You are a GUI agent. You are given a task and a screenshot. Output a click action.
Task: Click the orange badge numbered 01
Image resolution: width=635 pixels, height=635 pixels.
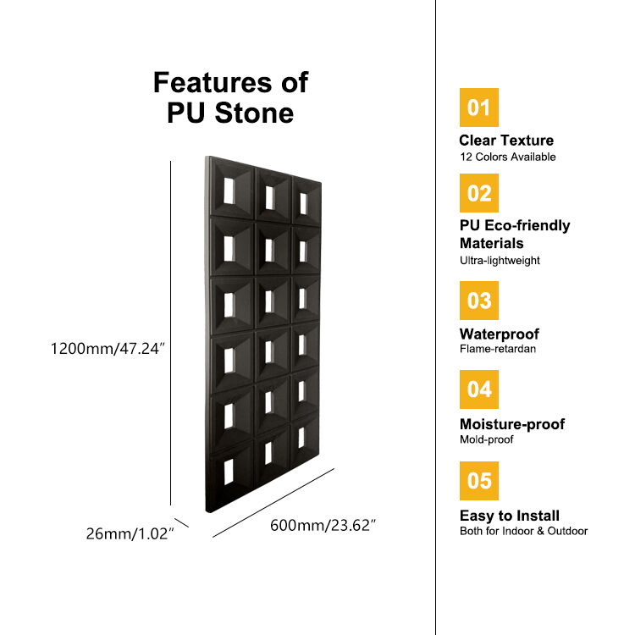pyautogui.click(x=478, y=108)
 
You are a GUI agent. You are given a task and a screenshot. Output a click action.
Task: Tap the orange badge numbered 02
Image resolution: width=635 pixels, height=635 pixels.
pyautogui.click(x=478, y=193)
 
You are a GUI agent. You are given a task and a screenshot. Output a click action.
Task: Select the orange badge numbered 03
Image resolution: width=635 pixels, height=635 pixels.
pyautogui.click(x=478, y=301)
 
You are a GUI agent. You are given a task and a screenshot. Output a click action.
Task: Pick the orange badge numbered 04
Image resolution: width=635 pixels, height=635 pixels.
pyautogui.click(x=478, y=389)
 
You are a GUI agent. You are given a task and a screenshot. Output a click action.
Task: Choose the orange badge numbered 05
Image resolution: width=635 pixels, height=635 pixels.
pyautogui.click(x=478, y=481)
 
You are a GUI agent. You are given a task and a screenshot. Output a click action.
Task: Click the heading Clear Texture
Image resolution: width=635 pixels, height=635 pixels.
pyautogui.click(x=506, y=141)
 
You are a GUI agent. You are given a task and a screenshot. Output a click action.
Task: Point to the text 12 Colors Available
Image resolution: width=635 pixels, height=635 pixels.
pyautogui.click(x=507, y=157)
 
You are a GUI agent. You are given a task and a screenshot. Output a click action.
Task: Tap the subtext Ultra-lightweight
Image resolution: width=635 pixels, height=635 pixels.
pyautogui.click(x=500, y=261)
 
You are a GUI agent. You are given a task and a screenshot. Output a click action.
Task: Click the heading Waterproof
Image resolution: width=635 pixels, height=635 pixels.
pyautogui.click(x=499, y=334)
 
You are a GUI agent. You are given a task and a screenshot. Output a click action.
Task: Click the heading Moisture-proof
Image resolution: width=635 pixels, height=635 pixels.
pyautogui.click(x=511, y=424)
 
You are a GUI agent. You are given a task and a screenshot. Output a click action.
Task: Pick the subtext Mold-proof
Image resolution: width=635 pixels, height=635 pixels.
pyautogui.click(x=486, y=439)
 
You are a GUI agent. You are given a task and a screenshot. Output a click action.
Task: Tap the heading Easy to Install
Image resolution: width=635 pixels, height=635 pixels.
pyautogui.click(x=509, y=516)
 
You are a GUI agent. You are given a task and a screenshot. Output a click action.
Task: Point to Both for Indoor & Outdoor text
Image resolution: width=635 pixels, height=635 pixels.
pyautogui.click(x=522, y=531)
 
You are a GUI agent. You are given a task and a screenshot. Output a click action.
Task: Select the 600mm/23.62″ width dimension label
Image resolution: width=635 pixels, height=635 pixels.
pyautogui.click(x=323, y=525)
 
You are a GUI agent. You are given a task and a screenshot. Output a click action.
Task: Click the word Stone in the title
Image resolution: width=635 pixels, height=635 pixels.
pyautogui.click(x=252, y=113)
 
